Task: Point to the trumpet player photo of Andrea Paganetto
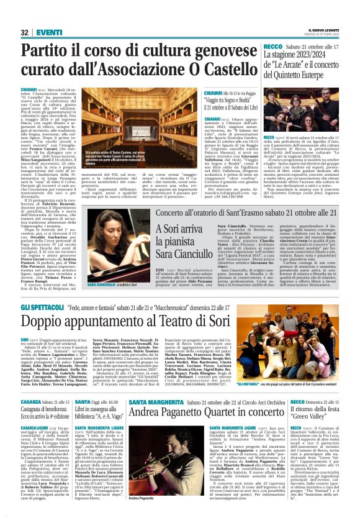point(145,470)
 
